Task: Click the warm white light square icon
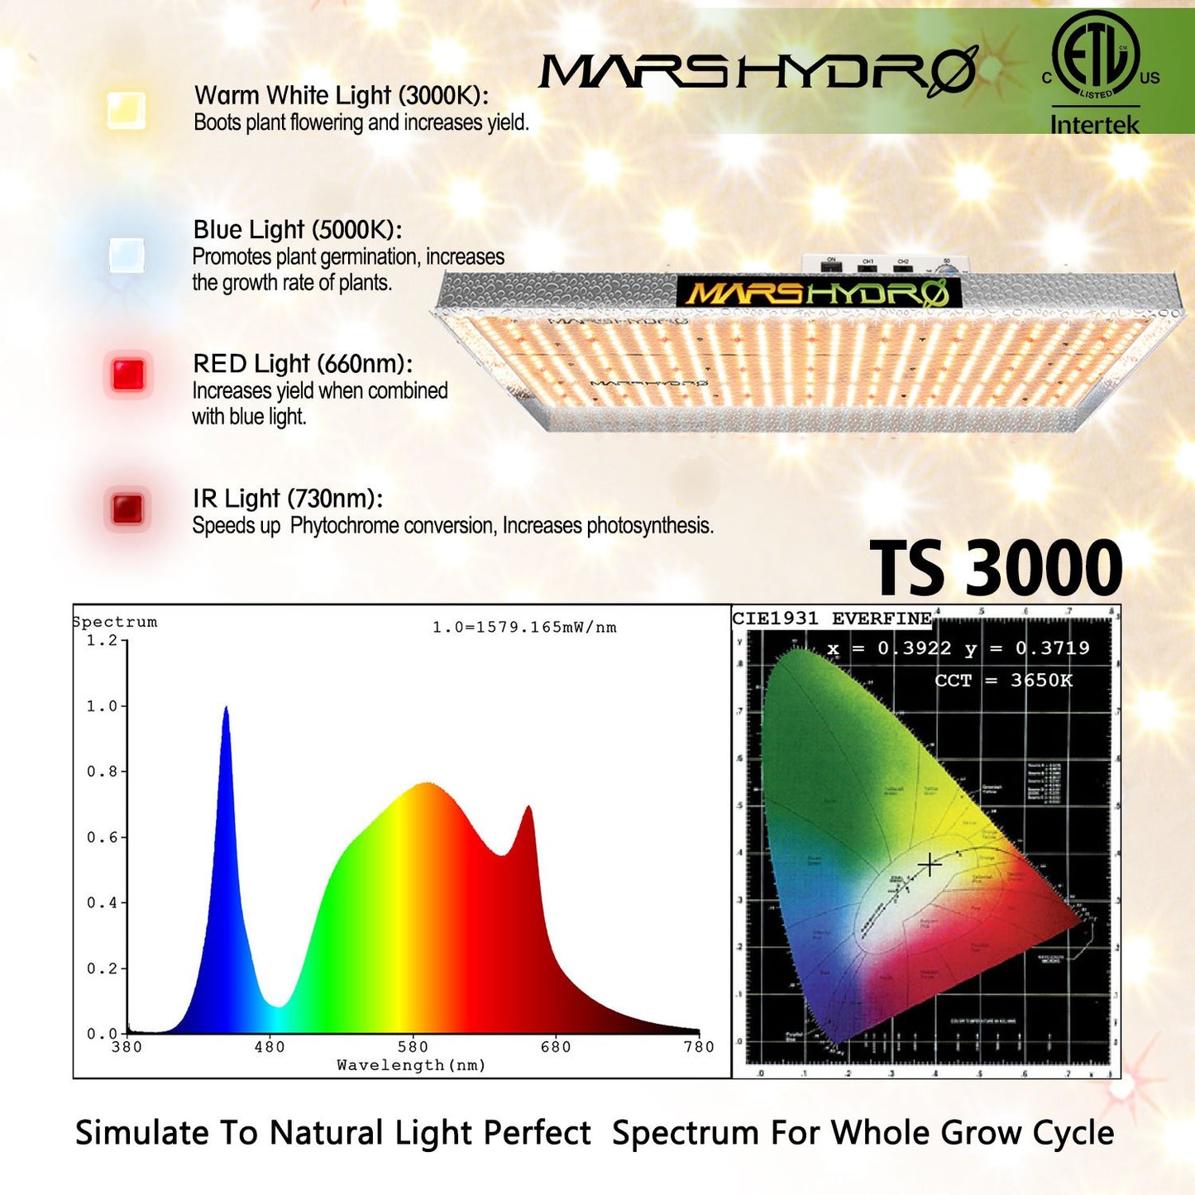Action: [127, 110]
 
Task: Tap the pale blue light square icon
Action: [127, 256]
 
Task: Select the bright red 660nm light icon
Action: [128, 375]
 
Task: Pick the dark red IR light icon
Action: [127, 508]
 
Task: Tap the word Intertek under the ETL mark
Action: [1095, 125]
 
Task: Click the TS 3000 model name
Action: [997, 568]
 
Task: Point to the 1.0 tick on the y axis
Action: [103, 706]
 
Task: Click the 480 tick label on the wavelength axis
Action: [270, 1047]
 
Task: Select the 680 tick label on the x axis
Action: [556, 1047]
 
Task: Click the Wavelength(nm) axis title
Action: [411, 1065]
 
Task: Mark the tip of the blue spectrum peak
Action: [226, 710]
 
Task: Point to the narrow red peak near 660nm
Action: [528, 809]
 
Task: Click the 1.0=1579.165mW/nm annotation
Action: [524, 628]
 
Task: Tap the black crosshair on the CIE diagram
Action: [930, 865]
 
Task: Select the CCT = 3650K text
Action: [1003, 681]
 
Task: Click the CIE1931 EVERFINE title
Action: [832, 619]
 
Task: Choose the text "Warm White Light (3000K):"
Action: [341, 96]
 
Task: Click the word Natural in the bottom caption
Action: [328, 1133]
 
